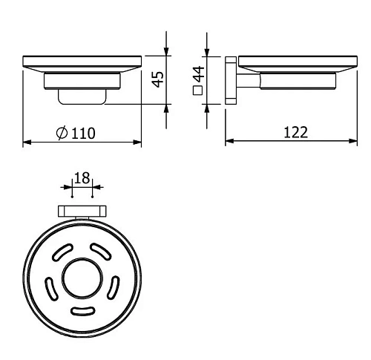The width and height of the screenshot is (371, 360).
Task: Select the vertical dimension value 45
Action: (x=157, y=78)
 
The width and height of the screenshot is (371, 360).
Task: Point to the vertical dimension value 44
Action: (x=197, y=75)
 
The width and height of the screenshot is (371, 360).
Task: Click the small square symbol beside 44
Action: (x=197, y=93)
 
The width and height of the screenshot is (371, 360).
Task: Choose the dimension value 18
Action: (x=81, y=178)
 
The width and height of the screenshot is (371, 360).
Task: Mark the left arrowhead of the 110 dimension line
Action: (x=27, y=141)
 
